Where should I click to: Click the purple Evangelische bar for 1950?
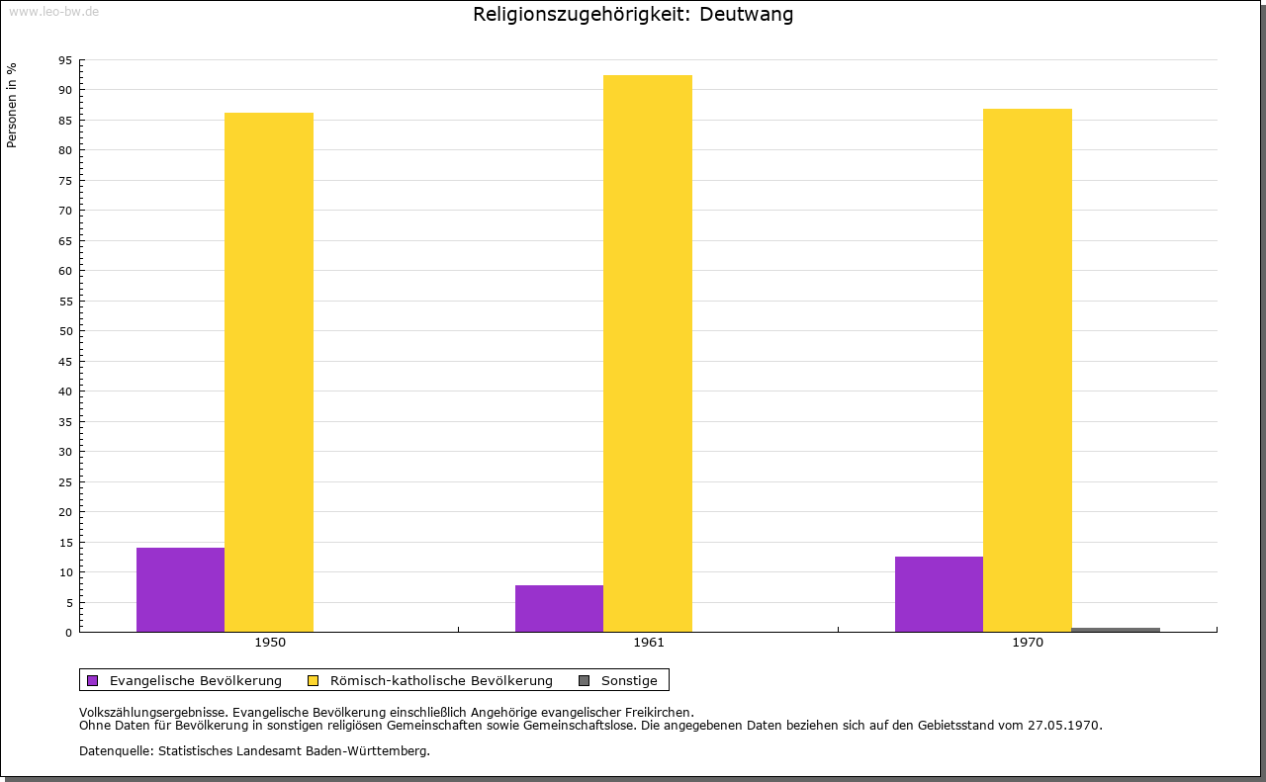(x=180, y=589)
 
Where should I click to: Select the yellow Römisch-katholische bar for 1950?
(x=269, y=372)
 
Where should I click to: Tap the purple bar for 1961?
(x=559, y=608)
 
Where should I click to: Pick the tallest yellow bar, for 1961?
(x=648, y=353)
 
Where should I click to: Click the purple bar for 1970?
(x=939, y=594)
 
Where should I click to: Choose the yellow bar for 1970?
(x=1028, y=370)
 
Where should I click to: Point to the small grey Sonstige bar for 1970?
(x=1116, y=630)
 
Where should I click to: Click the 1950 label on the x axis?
(x=270, y=643)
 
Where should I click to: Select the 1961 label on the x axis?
(x=649, y=643)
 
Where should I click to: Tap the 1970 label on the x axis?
(x=1028, y=643)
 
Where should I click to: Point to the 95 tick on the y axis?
(x=65, y=60)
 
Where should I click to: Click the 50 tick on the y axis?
(x=65, y=331)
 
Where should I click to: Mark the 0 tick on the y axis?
(x=68, y=633)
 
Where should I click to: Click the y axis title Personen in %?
(x=12, y=105)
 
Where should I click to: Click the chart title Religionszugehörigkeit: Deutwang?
(x=633, y=15)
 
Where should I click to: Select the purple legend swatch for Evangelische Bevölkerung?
(x=93, y=680)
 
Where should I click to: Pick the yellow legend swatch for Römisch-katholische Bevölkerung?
(x=314, y=680)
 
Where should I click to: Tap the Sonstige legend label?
(x=629, y=680)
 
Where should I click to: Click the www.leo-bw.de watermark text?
(x=53, y=11)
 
